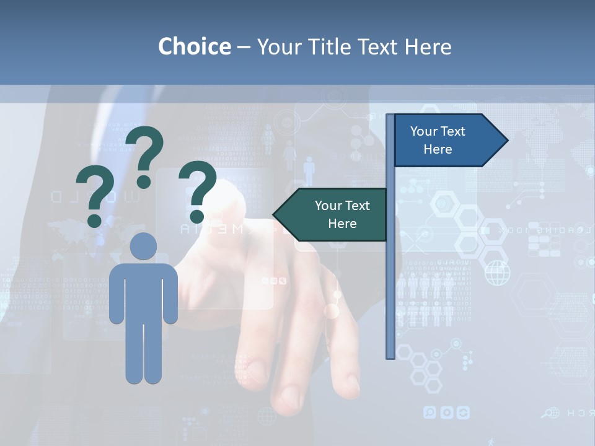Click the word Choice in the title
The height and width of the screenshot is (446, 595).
click(194, 46)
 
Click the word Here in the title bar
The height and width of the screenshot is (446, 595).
click(428, 46)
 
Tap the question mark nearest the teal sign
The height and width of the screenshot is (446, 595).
click(198, 191)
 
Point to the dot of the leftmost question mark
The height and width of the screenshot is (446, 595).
click(95, 220)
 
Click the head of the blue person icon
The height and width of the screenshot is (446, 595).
click(143, 246)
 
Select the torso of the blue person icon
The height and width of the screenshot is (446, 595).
click(143, 291)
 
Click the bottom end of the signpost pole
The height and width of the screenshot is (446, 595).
click(390, 356)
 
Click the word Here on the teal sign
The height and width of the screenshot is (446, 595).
click(342, 224)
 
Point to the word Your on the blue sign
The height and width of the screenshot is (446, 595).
click(424, 131)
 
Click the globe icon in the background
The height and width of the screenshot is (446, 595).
click(497, 273)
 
